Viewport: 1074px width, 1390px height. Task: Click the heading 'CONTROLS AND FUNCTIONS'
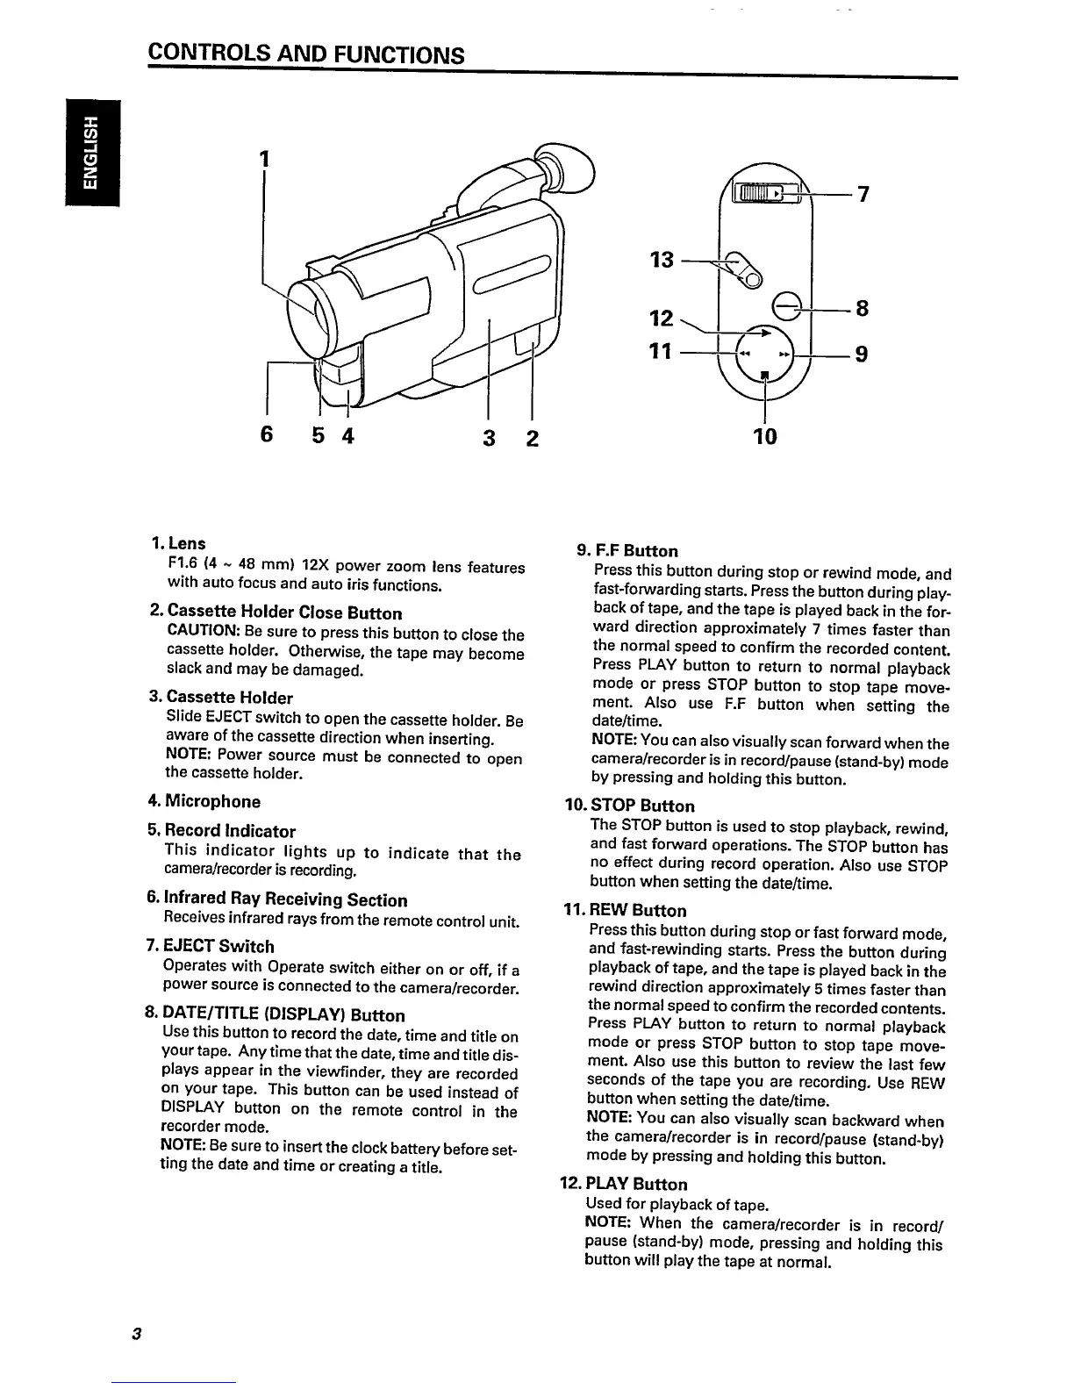pos(305,54)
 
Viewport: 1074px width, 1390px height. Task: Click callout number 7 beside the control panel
pos(863,195)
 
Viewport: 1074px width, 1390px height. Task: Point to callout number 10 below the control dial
pos(765,435)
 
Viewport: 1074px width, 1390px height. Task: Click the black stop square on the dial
pos(765,377)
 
